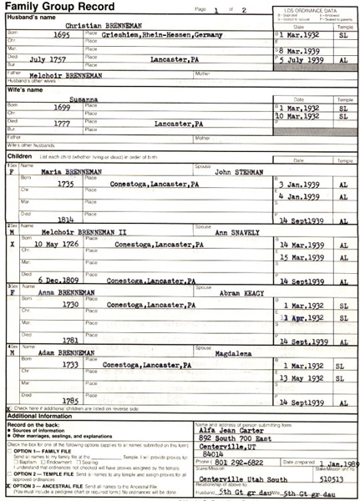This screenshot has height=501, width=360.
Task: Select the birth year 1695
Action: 58,37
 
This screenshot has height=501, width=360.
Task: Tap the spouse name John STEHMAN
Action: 235,172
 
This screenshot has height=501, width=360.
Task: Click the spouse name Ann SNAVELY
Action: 236,233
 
